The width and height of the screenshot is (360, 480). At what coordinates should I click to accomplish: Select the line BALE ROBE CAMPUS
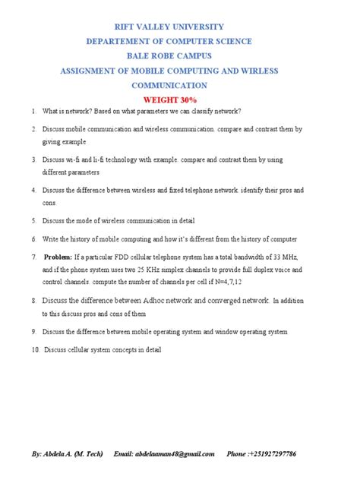coord(179,55)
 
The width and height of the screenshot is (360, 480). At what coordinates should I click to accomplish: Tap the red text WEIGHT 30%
coord(179,100)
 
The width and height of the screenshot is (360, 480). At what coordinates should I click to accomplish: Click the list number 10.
coord(36,350)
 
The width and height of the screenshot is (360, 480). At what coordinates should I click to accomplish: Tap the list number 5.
coord(34,220)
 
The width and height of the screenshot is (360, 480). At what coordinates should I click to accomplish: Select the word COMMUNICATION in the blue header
coord(179,86)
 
